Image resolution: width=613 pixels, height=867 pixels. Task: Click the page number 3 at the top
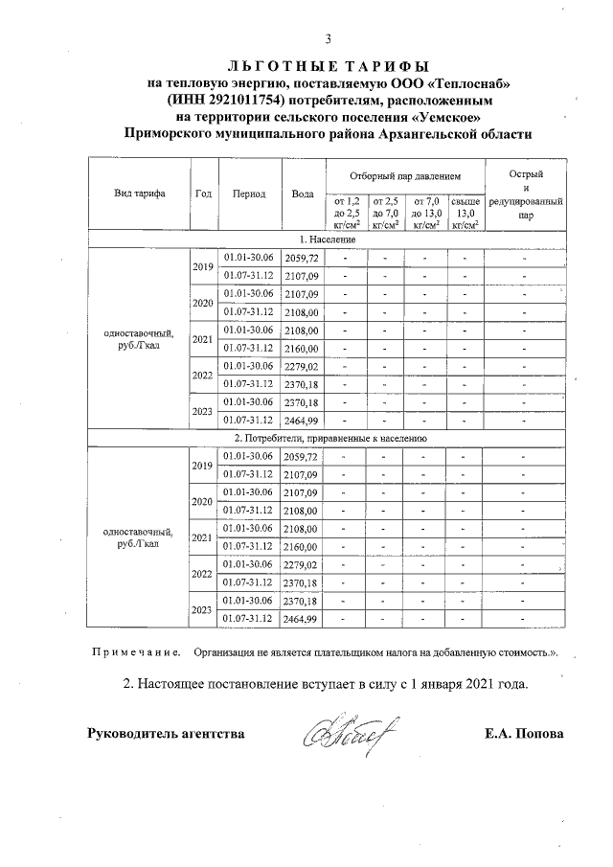pos(328,39)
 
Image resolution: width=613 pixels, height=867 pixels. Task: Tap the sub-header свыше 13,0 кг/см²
pos(465,212)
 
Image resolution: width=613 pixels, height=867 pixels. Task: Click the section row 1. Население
pos(328,240)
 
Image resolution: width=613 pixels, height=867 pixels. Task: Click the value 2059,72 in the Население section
pos(303,259)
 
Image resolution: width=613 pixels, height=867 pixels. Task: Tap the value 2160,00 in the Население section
pos(303,348)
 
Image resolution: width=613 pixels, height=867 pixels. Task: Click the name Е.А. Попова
pos(525,735)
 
